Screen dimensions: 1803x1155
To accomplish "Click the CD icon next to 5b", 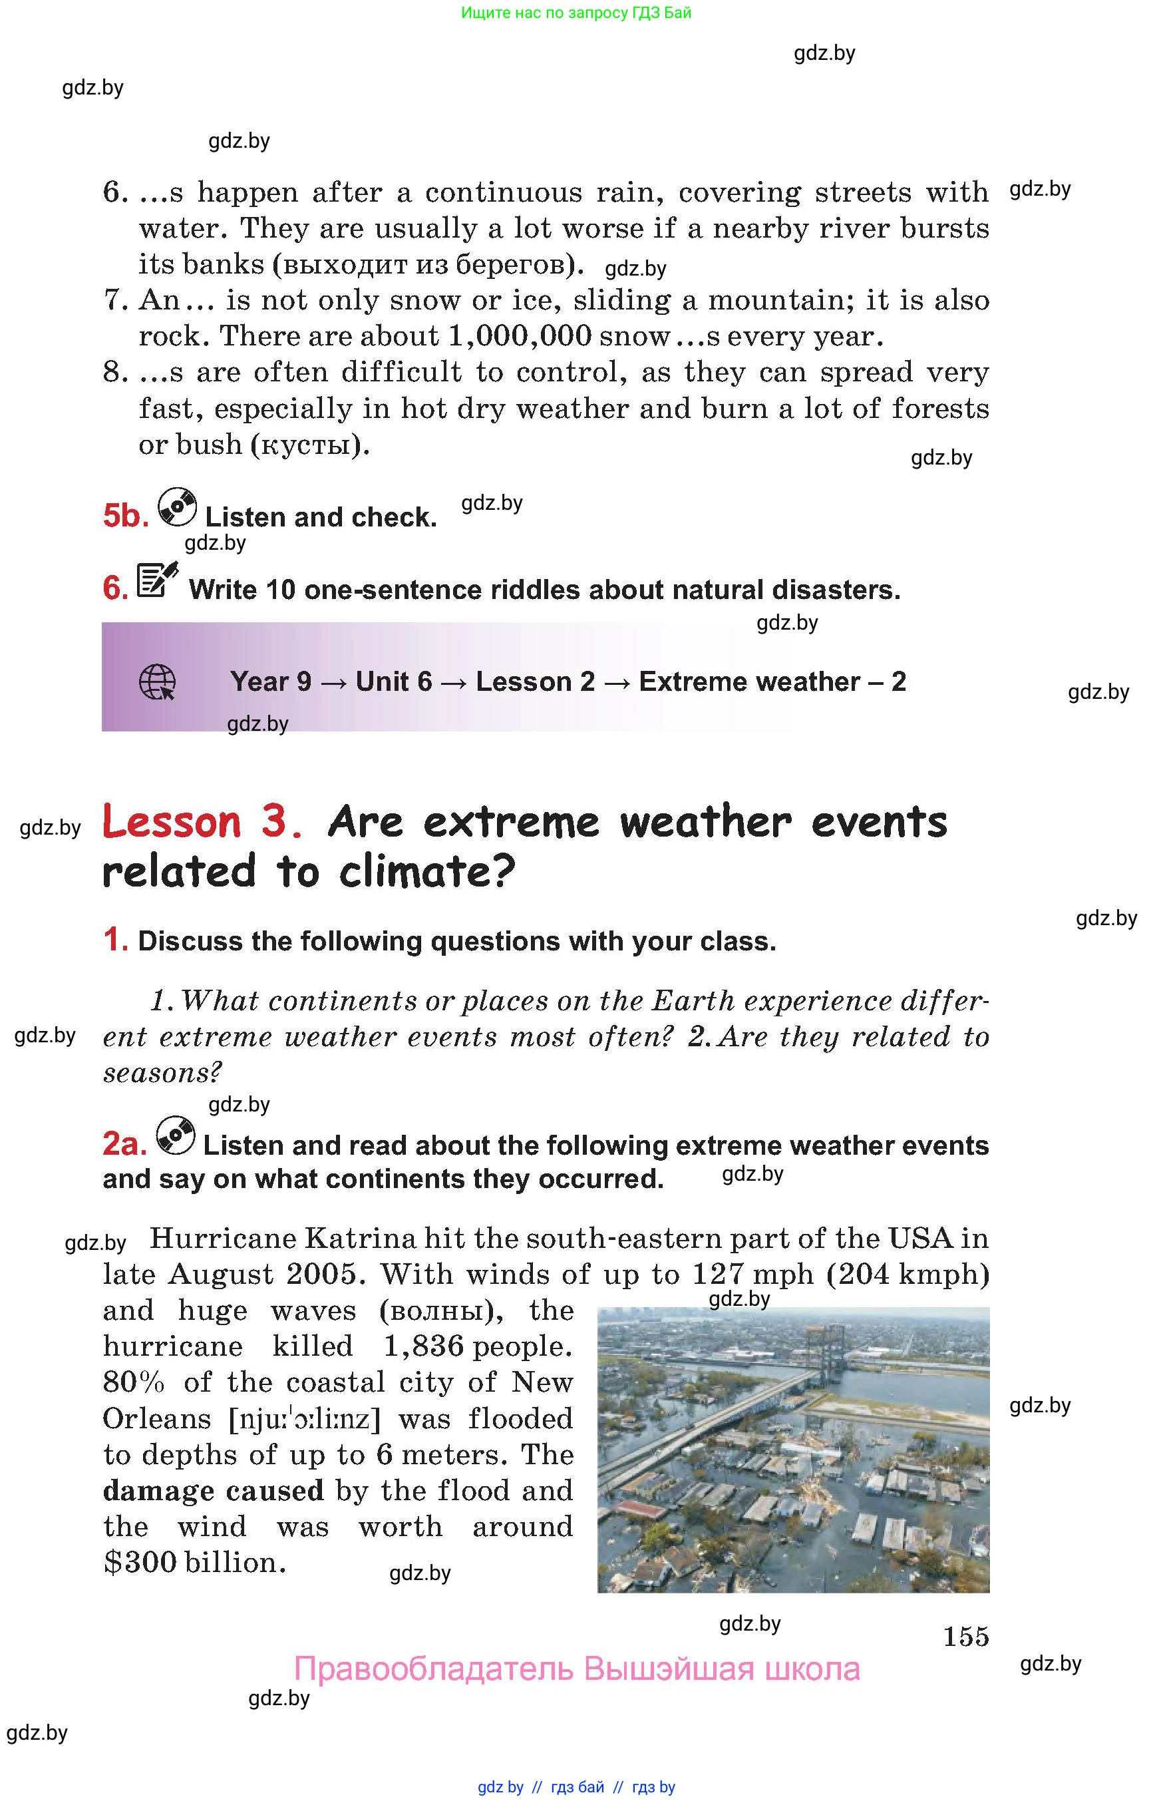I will tap(177, 507).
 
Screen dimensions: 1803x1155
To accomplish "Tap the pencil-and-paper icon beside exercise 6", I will tap(158, 580).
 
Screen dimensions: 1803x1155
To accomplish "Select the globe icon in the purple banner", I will tap(158, 682).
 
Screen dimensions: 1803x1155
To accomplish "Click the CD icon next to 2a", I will tap(176, 1135).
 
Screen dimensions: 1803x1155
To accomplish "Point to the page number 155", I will tap(965, 1636).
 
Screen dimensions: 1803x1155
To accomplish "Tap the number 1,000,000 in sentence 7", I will tap(520, 335).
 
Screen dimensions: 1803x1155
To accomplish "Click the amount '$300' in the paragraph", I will tap(140, 1563).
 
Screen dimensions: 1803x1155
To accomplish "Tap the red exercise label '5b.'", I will tap(126, 516).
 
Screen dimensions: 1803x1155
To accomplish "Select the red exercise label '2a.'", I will tap(124, 1144).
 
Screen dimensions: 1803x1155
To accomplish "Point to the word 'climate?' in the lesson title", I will tap(426, 872).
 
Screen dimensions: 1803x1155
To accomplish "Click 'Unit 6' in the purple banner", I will tap(394, 682).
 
